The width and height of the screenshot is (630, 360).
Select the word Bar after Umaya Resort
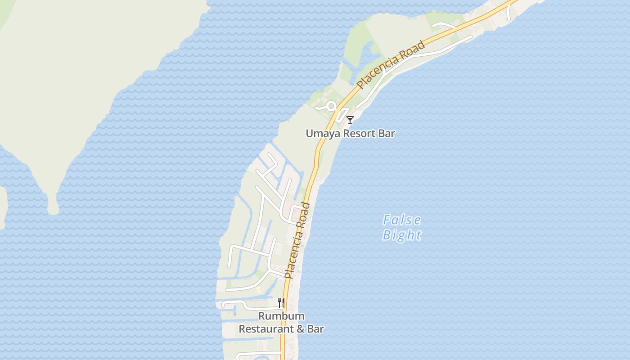[387, 134]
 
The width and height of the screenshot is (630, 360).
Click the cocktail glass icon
[350, 120]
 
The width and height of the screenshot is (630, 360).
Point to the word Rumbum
[281, 316]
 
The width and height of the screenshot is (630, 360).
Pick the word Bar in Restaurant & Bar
[315, 329]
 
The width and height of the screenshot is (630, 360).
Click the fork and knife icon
[281, 303]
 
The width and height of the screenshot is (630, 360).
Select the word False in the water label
[402, 220]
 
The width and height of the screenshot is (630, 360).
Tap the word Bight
[402, 235]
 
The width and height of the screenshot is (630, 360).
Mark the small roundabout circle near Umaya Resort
[331, 106]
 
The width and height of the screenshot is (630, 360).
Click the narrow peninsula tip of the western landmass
[53, 208]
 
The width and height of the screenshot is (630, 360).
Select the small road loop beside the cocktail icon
[343, 114]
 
